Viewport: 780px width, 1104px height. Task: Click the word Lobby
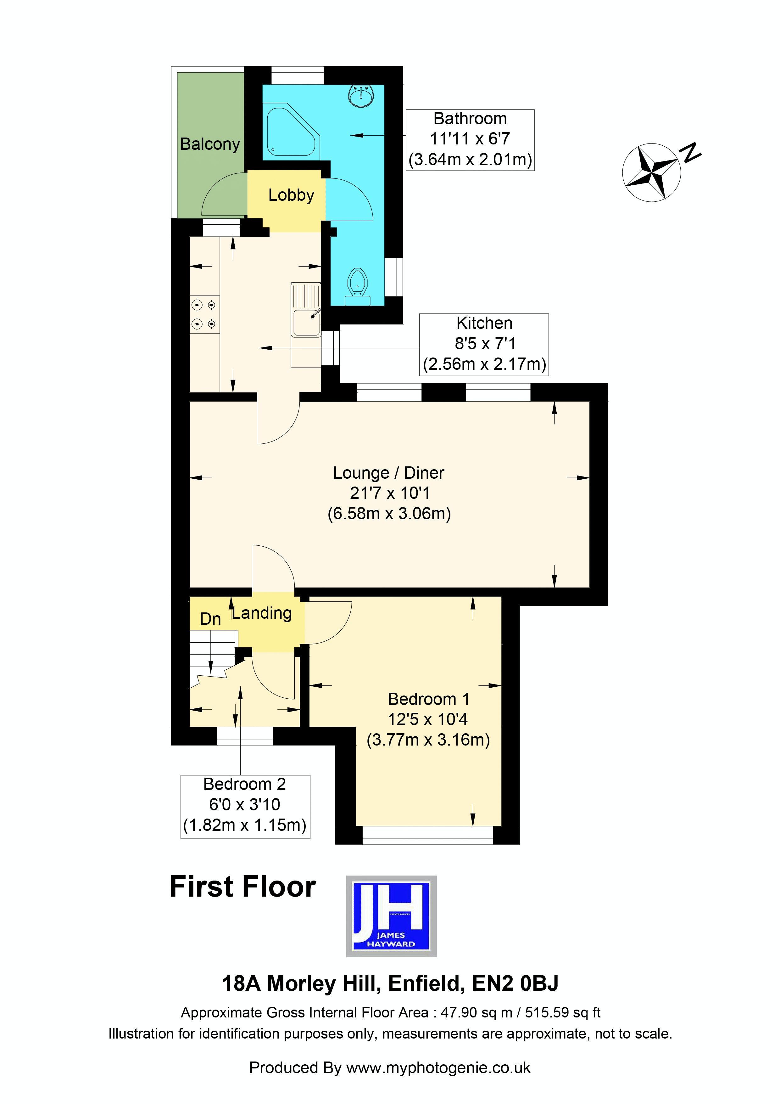pos(291,195)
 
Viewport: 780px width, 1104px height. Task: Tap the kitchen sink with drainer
pos(306,310)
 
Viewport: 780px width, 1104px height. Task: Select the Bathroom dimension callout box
pos(470,139)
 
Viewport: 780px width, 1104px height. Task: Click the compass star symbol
pos(651,172)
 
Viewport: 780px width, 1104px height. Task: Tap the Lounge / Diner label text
pos(388,473)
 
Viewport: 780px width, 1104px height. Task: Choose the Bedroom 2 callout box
pos(245,807)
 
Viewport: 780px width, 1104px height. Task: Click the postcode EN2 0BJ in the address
pos(515,984)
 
